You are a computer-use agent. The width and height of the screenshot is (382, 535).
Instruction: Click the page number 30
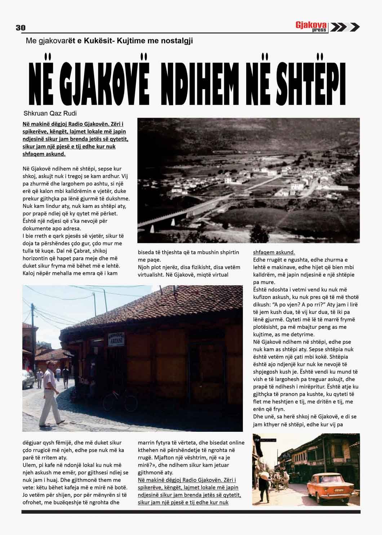(x=21, y=28)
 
